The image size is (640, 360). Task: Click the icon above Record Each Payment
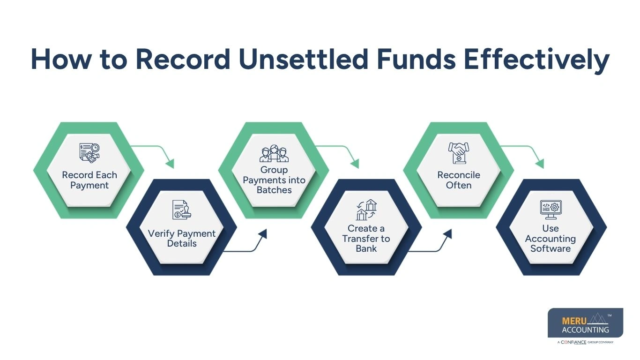coord(89,153)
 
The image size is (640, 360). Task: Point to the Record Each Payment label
coord(89,180)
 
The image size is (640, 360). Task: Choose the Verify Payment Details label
coord(182,238)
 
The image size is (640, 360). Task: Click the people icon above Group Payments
coord(274,153)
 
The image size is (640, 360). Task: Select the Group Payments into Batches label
coord(274,180)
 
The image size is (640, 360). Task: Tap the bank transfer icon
coord(366,210)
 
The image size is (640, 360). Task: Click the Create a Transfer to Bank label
coord(366,238)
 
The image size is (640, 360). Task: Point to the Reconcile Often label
coord(459,180)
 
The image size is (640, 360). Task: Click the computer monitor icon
coord(551,210)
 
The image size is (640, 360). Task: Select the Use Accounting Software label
coord(551,238)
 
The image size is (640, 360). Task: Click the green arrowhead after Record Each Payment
coord(169,164)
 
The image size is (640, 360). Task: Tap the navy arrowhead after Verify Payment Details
coord(262,234)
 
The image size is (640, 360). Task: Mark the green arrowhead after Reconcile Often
coord(539,164)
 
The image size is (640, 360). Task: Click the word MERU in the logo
coord(573,321)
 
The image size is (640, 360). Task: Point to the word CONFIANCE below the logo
coord(573,342)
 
